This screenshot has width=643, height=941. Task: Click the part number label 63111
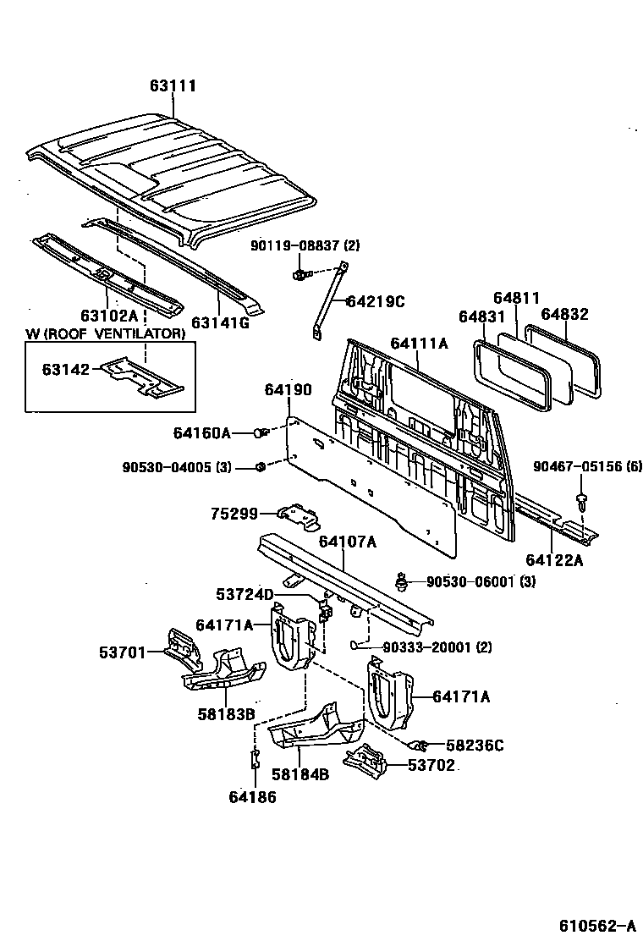coord(173,86)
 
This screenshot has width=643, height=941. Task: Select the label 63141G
coord(220,322)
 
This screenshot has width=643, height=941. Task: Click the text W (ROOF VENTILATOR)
coord(105,334)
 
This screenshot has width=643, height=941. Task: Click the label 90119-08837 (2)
coord(305,245)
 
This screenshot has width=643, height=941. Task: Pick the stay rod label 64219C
coord(376,300)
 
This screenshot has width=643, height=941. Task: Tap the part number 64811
coord(517,298)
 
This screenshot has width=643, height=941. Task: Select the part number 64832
coord(565,314)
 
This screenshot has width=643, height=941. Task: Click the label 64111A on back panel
coord(420,343)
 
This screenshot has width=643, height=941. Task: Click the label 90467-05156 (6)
coord(588,466)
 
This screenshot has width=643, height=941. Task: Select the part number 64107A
coord(348,542)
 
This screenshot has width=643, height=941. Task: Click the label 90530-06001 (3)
coord(469,581)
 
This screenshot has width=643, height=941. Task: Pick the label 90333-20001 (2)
coord(425,647)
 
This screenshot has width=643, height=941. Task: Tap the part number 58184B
coord(300,773)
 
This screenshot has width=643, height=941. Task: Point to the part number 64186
coord(252,795)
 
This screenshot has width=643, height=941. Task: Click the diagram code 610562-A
coord(596,925)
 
